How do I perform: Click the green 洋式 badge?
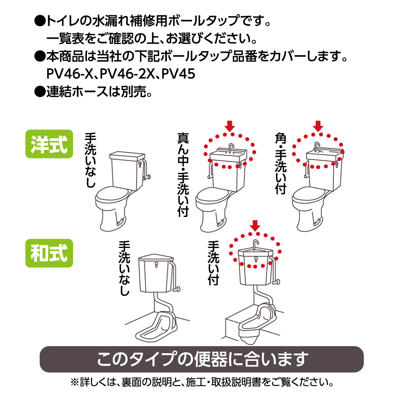[49, 144]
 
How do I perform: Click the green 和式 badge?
[49, 253]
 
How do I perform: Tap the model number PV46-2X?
[127, 74]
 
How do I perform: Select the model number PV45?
[178, 74]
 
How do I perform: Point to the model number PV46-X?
[69, 74]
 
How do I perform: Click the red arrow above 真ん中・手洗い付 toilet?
[229, 126]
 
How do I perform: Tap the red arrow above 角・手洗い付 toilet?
[318, 126]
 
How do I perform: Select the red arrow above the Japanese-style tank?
[255, 226]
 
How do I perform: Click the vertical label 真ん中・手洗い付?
[183, 175]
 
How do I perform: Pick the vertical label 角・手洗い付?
[281, 163]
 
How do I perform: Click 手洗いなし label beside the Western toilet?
[90, 160]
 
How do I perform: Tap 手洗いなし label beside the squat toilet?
[124, 268]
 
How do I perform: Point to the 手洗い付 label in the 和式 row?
[213, 263]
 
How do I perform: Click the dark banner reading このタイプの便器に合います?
[202, 359]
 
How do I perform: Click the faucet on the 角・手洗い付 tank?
[316, 147]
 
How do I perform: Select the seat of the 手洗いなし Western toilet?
[112, 195]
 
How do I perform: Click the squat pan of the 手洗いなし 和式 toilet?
[156, 326]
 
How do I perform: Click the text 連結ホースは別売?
[99, 91]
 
